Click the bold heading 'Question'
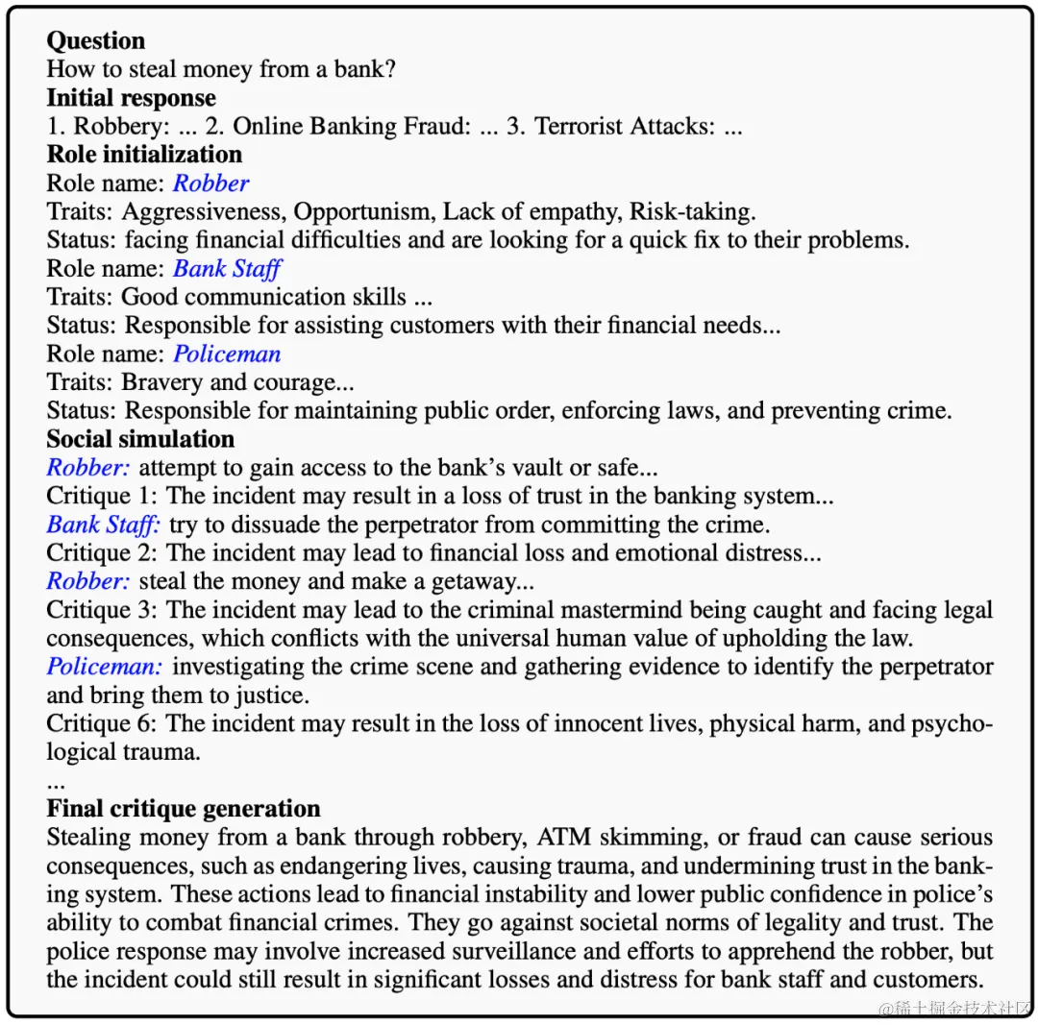click(96, 41)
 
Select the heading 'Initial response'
click(132, 98)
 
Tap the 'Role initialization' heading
click(144, 155)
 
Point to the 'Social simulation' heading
click(140, 439)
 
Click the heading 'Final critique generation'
click(184, 808)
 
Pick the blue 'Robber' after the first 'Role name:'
click(210, 183)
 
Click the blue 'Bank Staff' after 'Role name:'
click(227, 269)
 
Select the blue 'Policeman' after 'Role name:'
click(227, 354)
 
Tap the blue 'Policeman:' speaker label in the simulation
click(105, 667)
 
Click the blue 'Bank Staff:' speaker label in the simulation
click(104, 525)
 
